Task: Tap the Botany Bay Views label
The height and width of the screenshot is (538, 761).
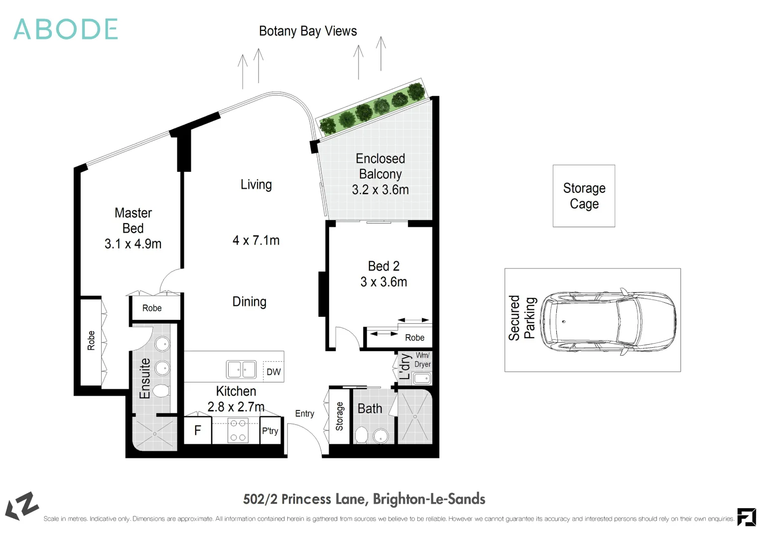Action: [x=308, y=31]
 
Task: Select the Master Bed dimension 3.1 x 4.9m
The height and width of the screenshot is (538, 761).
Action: [x=133, y=244]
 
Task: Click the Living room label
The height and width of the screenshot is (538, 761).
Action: [x=256, y=185]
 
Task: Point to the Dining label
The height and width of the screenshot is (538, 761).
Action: [x=249, y=302]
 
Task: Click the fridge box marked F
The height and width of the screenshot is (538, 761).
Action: [x=198, y=430]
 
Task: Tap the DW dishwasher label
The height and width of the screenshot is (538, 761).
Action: [x=273, y=372]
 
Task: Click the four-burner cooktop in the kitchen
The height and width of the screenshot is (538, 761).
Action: [x=238, y=430]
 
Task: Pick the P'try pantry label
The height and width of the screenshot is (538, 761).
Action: [x=270, y=431]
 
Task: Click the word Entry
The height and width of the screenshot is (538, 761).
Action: [x=304, y=414]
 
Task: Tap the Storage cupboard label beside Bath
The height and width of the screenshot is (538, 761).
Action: [x=340, y=416]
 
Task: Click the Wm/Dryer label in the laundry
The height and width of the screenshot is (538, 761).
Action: [x=422, y=360]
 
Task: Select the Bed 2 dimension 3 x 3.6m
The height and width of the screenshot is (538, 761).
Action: [x=383, y=282]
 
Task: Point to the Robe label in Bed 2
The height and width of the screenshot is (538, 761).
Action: [x=414, y=338]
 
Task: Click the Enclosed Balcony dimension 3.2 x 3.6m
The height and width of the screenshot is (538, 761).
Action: [x=380, y=190]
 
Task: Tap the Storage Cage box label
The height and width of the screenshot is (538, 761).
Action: [x=584, y=196]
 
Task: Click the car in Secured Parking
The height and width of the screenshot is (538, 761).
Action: [x=608, y=321]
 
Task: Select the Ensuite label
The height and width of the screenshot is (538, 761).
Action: [x=145, y=379]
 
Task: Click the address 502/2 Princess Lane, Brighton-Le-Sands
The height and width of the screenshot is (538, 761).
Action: [x=364, y=499]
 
